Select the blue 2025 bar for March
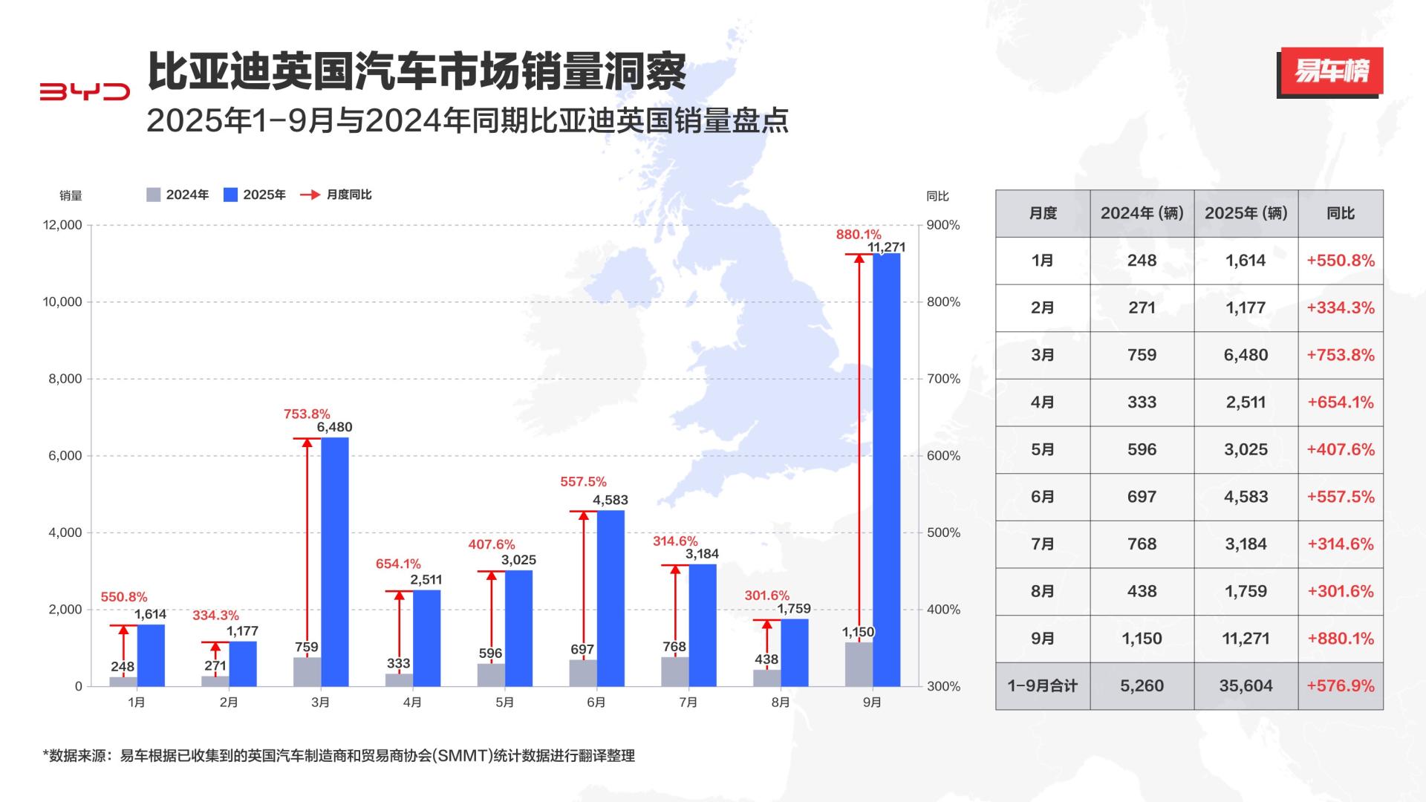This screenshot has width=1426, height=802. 334,561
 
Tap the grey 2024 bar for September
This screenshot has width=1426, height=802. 859,664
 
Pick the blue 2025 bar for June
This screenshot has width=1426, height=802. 611,598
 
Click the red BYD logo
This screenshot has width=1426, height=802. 85,91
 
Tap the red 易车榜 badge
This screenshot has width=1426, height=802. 1331,71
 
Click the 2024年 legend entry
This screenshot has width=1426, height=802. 178,195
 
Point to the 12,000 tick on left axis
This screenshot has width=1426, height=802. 62,225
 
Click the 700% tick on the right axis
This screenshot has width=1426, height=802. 943,379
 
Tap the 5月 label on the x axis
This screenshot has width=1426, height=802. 504,702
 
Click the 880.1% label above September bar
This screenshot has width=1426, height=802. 858,235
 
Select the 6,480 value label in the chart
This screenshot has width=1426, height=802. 334,427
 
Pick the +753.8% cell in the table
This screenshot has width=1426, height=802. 1340,355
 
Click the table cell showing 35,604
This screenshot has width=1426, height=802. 1246,686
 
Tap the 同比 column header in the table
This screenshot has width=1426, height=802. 1340,213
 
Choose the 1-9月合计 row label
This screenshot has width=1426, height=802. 1042,686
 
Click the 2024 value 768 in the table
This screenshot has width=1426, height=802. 1142,544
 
